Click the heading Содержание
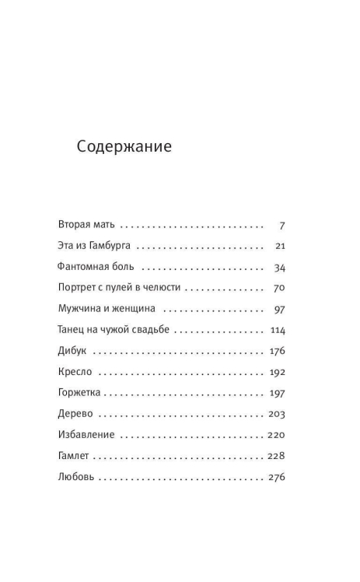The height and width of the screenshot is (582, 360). [124, 146]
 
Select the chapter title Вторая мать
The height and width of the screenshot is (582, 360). [86, 226]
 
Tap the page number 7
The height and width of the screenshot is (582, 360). [281, 226]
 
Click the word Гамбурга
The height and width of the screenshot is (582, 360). [109, 247]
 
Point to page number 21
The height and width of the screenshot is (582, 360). [281, 247]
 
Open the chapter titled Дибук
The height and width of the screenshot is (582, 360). [72, 351]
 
